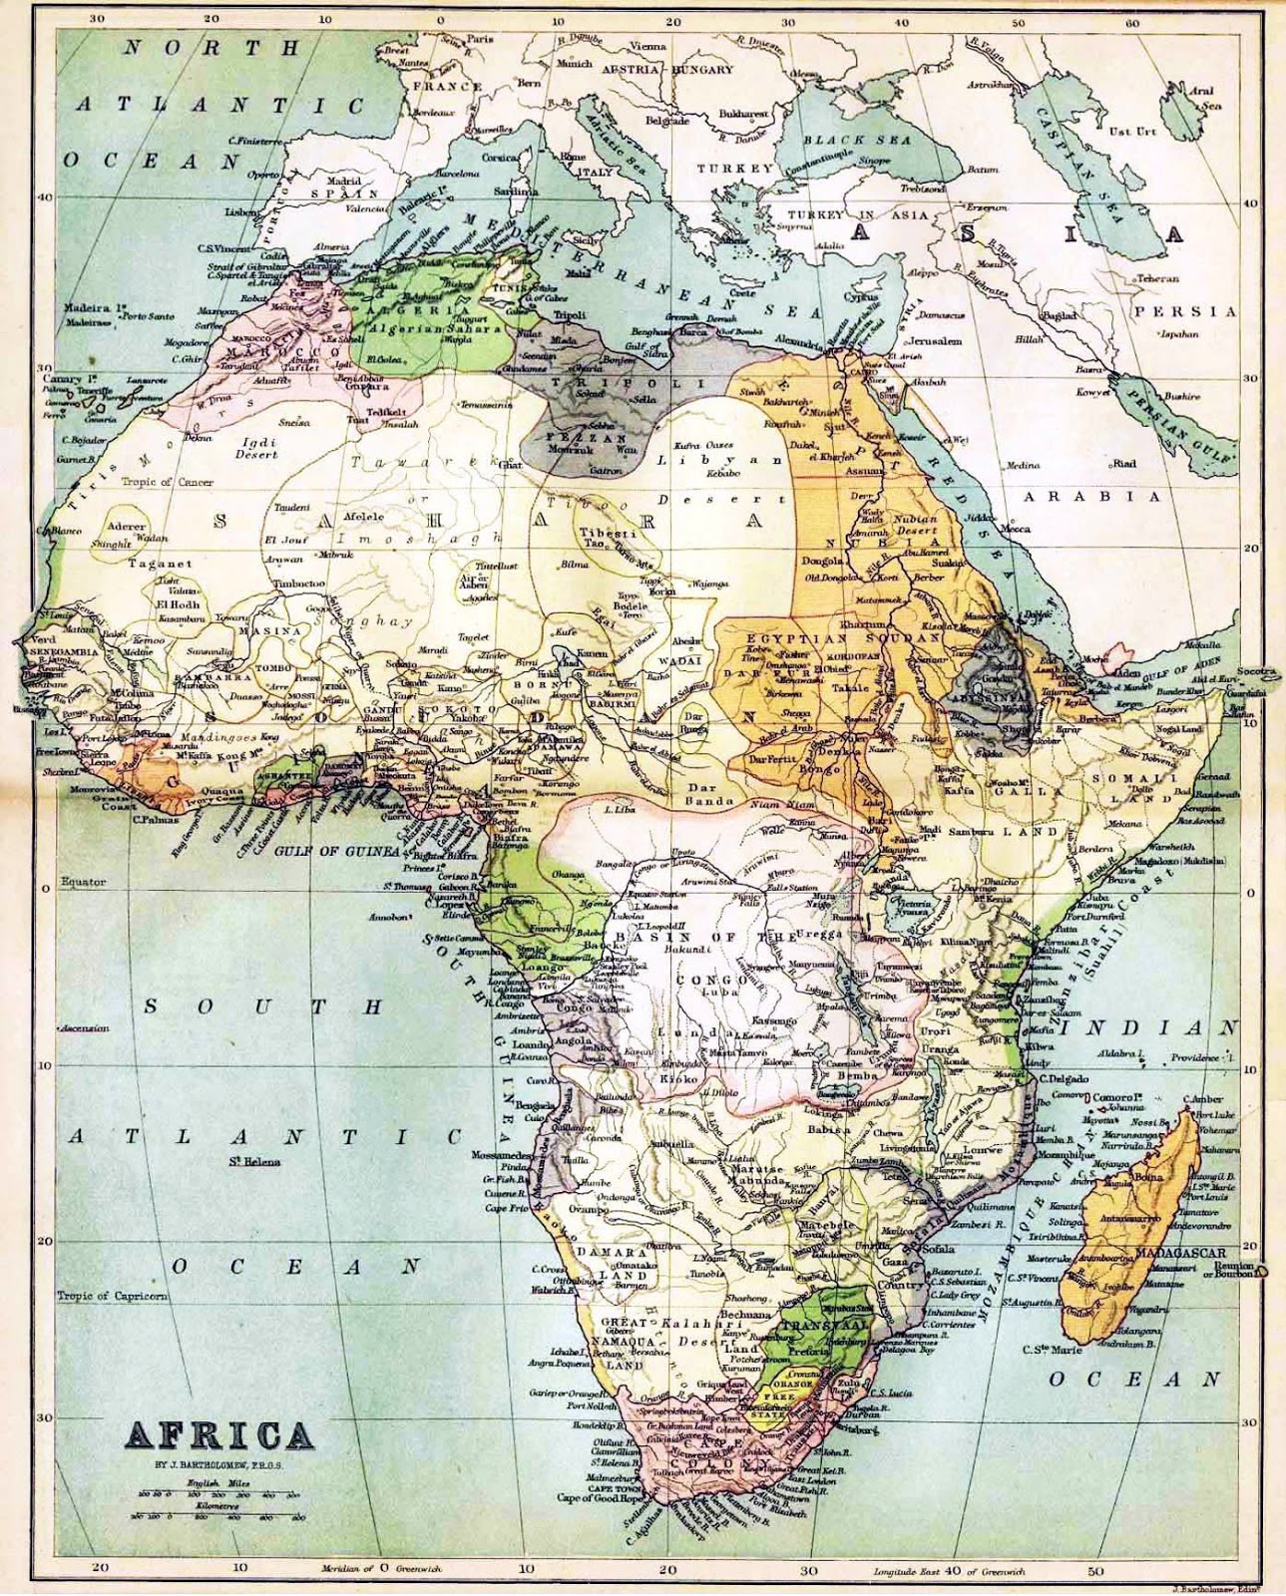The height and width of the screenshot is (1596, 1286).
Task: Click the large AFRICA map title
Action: click(217, 1436)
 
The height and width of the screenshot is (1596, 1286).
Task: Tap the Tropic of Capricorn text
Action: click(112, 1297)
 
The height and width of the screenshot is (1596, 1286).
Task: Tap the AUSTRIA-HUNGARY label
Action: click(665, 70)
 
